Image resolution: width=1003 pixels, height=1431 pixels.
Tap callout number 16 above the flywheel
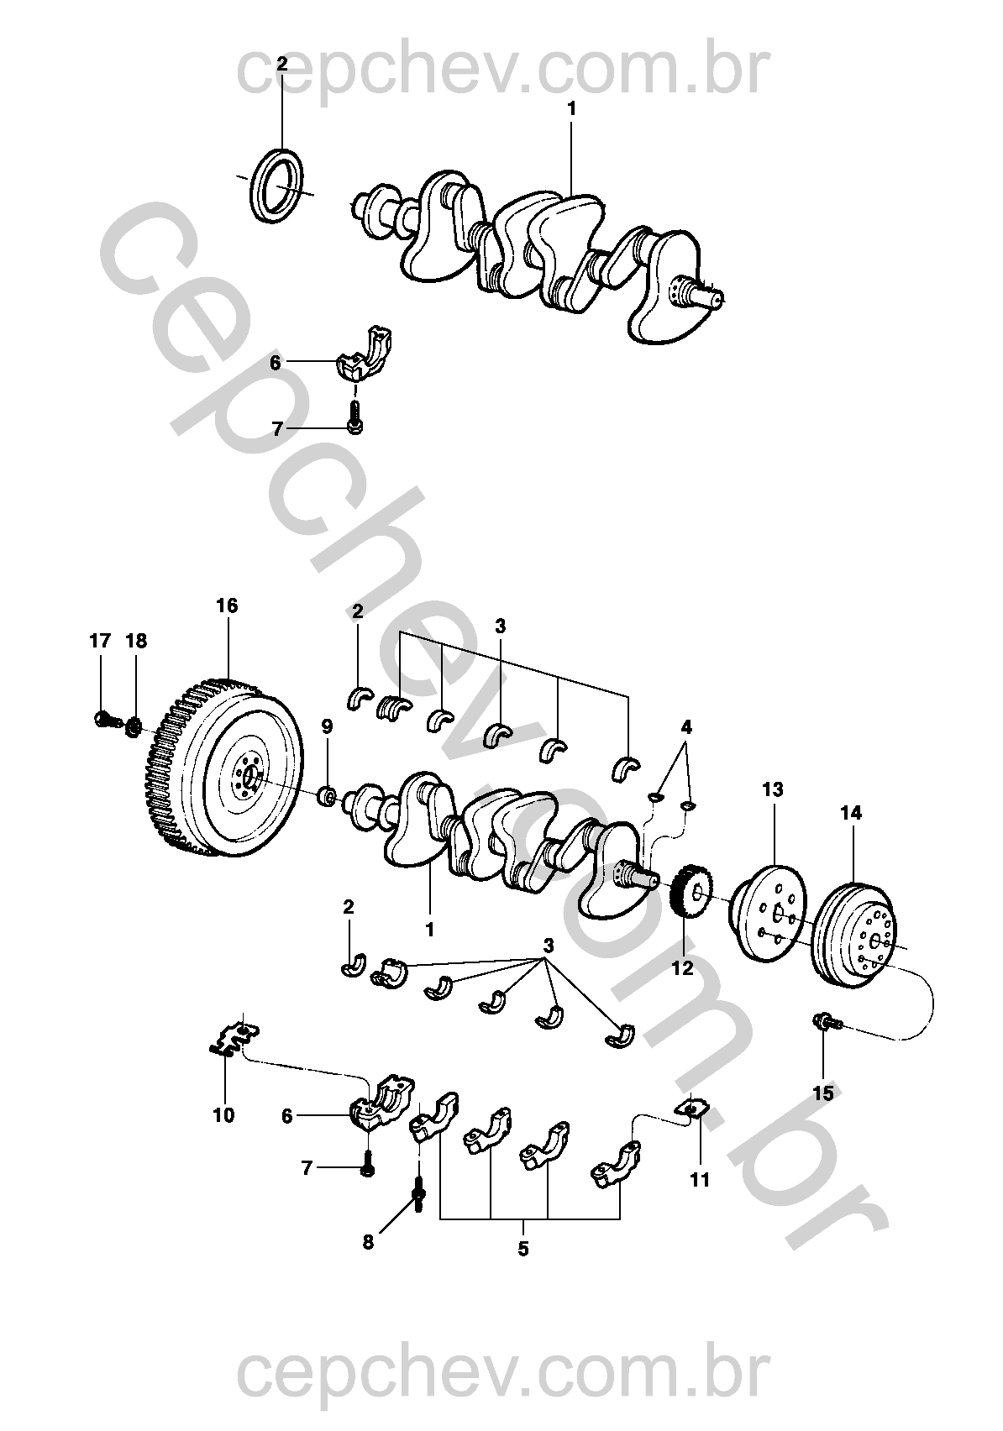(x=227, y=605)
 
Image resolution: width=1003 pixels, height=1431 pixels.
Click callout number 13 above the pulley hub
(x=772, y=789)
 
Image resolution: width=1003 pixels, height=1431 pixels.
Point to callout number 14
(x=851, y=813)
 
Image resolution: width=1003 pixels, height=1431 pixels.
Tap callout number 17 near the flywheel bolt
(x=100, y=641)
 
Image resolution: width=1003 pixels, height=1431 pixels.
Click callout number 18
(x=136, y=641)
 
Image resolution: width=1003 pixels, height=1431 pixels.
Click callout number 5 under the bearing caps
(x=523, y=1249)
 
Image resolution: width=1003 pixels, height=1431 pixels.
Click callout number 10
(x=224, y=1115)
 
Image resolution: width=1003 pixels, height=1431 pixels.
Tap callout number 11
(x=700, y=1180)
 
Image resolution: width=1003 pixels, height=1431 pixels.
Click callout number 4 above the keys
(x=686, y=726)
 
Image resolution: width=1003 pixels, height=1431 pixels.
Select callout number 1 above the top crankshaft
(x=572, y=108)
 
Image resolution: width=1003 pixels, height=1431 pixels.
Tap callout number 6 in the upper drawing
(x=276, y=363)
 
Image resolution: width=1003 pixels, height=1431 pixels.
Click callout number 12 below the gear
(x=683, y=967)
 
